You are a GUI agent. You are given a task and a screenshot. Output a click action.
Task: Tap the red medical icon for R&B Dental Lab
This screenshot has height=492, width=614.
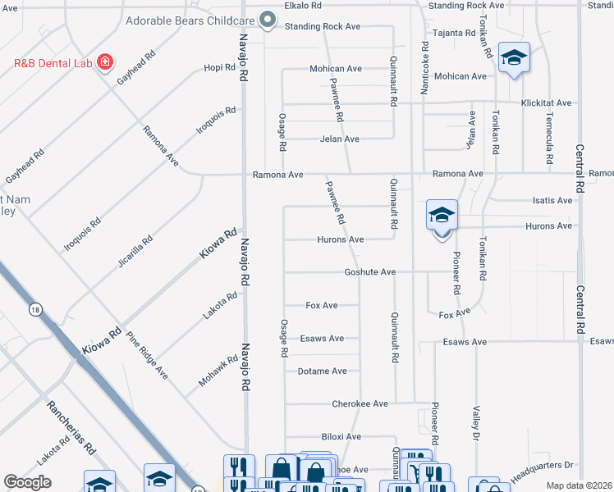coord(104,62)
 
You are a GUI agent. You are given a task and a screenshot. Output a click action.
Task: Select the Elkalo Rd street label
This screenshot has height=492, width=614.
coord(303,6)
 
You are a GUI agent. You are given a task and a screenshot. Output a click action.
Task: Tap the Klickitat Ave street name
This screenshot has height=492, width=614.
coord(546,103)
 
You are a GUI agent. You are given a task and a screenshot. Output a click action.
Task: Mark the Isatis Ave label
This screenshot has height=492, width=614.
coord(552,200)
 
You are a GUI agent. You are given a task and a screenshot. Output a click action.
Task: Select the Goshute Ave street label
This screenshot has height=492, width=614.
coord(370,271)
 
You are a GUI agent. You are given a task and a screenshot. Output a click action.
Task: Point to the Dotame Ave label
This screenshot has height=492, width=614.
coord(322,371)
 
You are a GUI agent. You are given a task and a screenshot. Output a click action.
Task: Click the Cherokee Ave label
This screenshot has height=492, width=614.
coord(360,403)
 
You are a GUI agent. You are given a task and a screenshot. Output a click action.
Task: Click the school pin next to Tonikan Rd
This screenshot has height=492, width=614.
coord(514,58)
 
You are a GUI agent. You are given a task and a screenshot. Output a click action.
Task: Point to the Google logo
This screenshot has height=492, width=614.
coord(28,482)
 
